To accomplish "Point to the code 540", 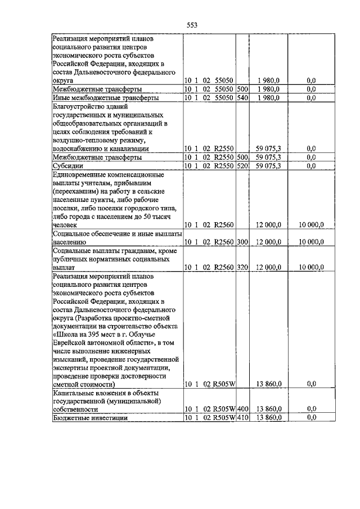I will coord(242,97).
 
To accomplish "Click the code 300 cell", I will coord(242,241).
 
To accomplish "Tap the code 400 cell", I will coord(242,409).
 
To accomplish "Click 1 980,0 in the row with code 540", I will coord(269,97).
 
